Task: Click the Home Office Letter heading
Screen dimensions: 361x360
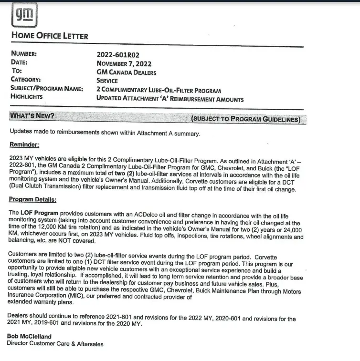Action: [49, 36]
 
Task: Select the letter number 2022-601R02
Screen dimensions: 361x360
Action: [118, 55]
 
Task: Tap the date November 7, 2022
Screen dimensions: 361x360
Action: [124, 63]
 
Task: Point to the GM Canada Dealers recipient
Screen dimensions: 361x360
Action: [126, 72]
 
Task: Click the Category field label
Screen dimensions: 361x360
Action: [26, 81]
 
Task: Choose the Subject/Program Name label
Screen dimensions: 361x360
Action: [47, 89]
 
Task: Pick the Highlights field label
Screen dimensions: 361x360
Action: [27, 97]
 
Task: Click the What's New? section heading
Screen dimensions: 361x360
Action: [32, 116]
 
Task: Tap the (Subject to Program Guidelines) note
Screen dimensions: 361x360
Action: [246, 119]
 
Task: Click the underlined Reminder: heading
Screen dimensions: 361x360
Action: [24, 144]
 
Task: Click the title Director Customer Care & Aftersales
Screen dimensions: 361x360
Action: [55, 344]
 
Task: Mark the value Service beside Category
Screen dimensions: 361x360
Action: [107, 81]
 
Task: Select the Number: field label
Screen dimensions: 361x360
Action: [24, 55]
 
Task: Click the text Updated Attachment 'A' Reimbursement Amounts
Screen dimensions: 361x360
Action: [170, 99]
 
